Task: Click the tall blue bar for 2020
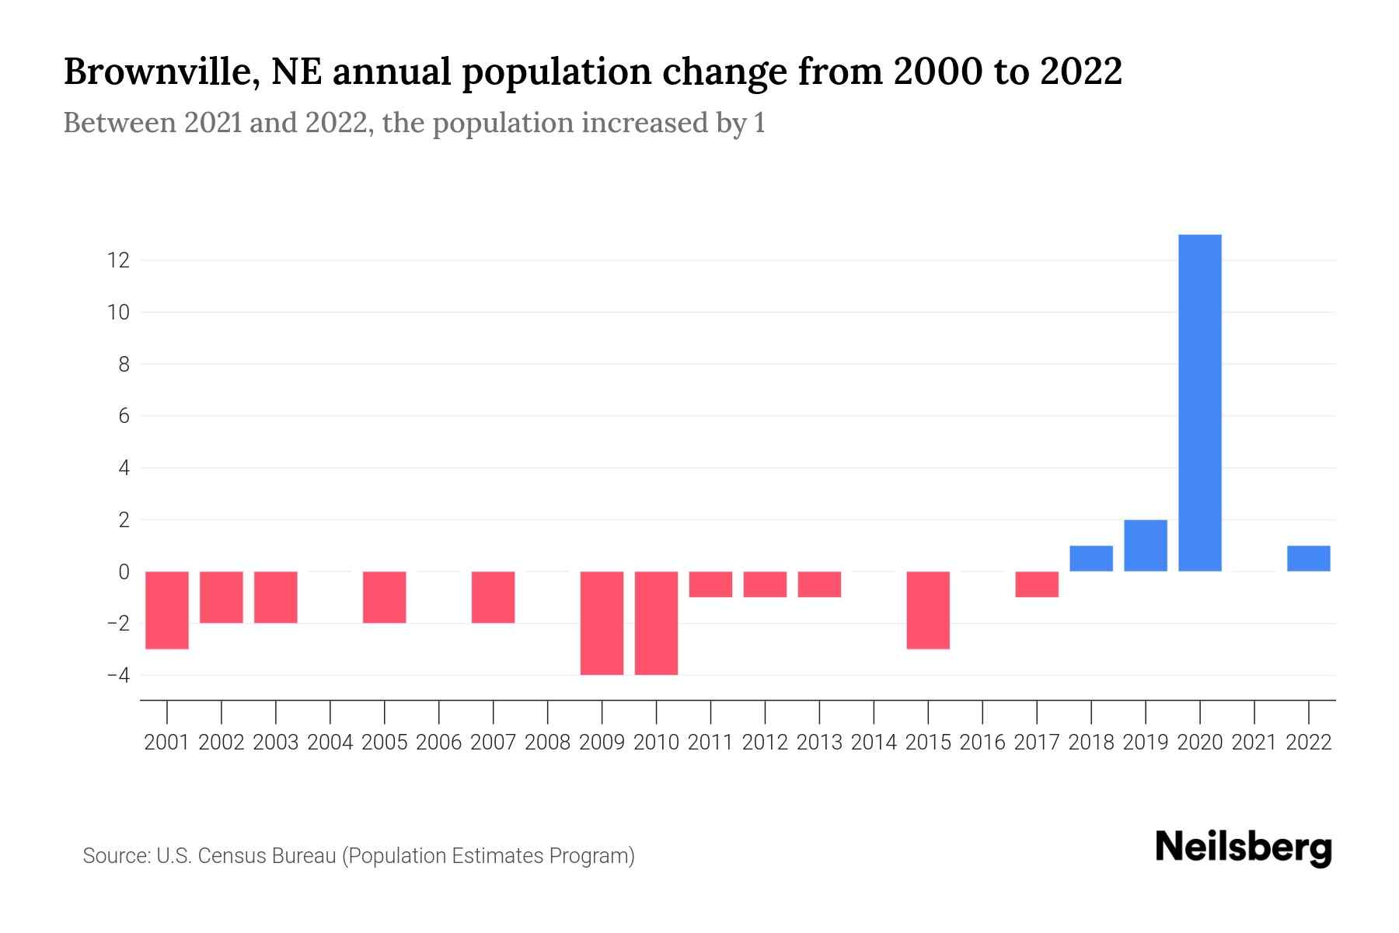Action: (x=1200, y=403)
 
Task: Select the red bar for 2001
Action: (x=167, y=610)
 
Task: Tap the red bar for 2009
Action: (x=602, y=623)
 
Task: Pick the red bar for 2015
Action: (x=928, y=610)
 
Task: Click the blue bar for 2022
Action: (x=1309, y=558)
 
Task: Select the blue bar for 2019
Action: (x=1146, y=545)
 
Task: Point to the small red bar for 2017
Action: (x=1037, y=584)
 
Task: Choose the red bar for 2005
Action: (x=385, y=597)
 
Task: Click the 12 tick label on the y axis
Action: (x=118, y=260)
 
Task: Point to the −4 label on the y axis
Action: (x=118, y=675)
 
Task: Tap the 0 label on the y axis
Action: (x=124, y=571)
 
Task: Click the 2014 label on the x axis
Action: (x=874, y=743)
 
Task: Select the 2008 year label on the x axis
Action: (x=548, y=743)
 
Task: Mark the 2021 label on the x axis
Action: (x=1254, y=743)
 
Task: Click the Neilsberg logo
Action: (x=1244, y=847)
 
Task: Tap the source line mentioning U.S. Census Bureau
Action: (x=358, y=856)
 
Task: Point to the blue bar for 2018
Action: (x=1091, y=558)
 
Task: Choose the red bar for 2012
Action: (x=765, y=584)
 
